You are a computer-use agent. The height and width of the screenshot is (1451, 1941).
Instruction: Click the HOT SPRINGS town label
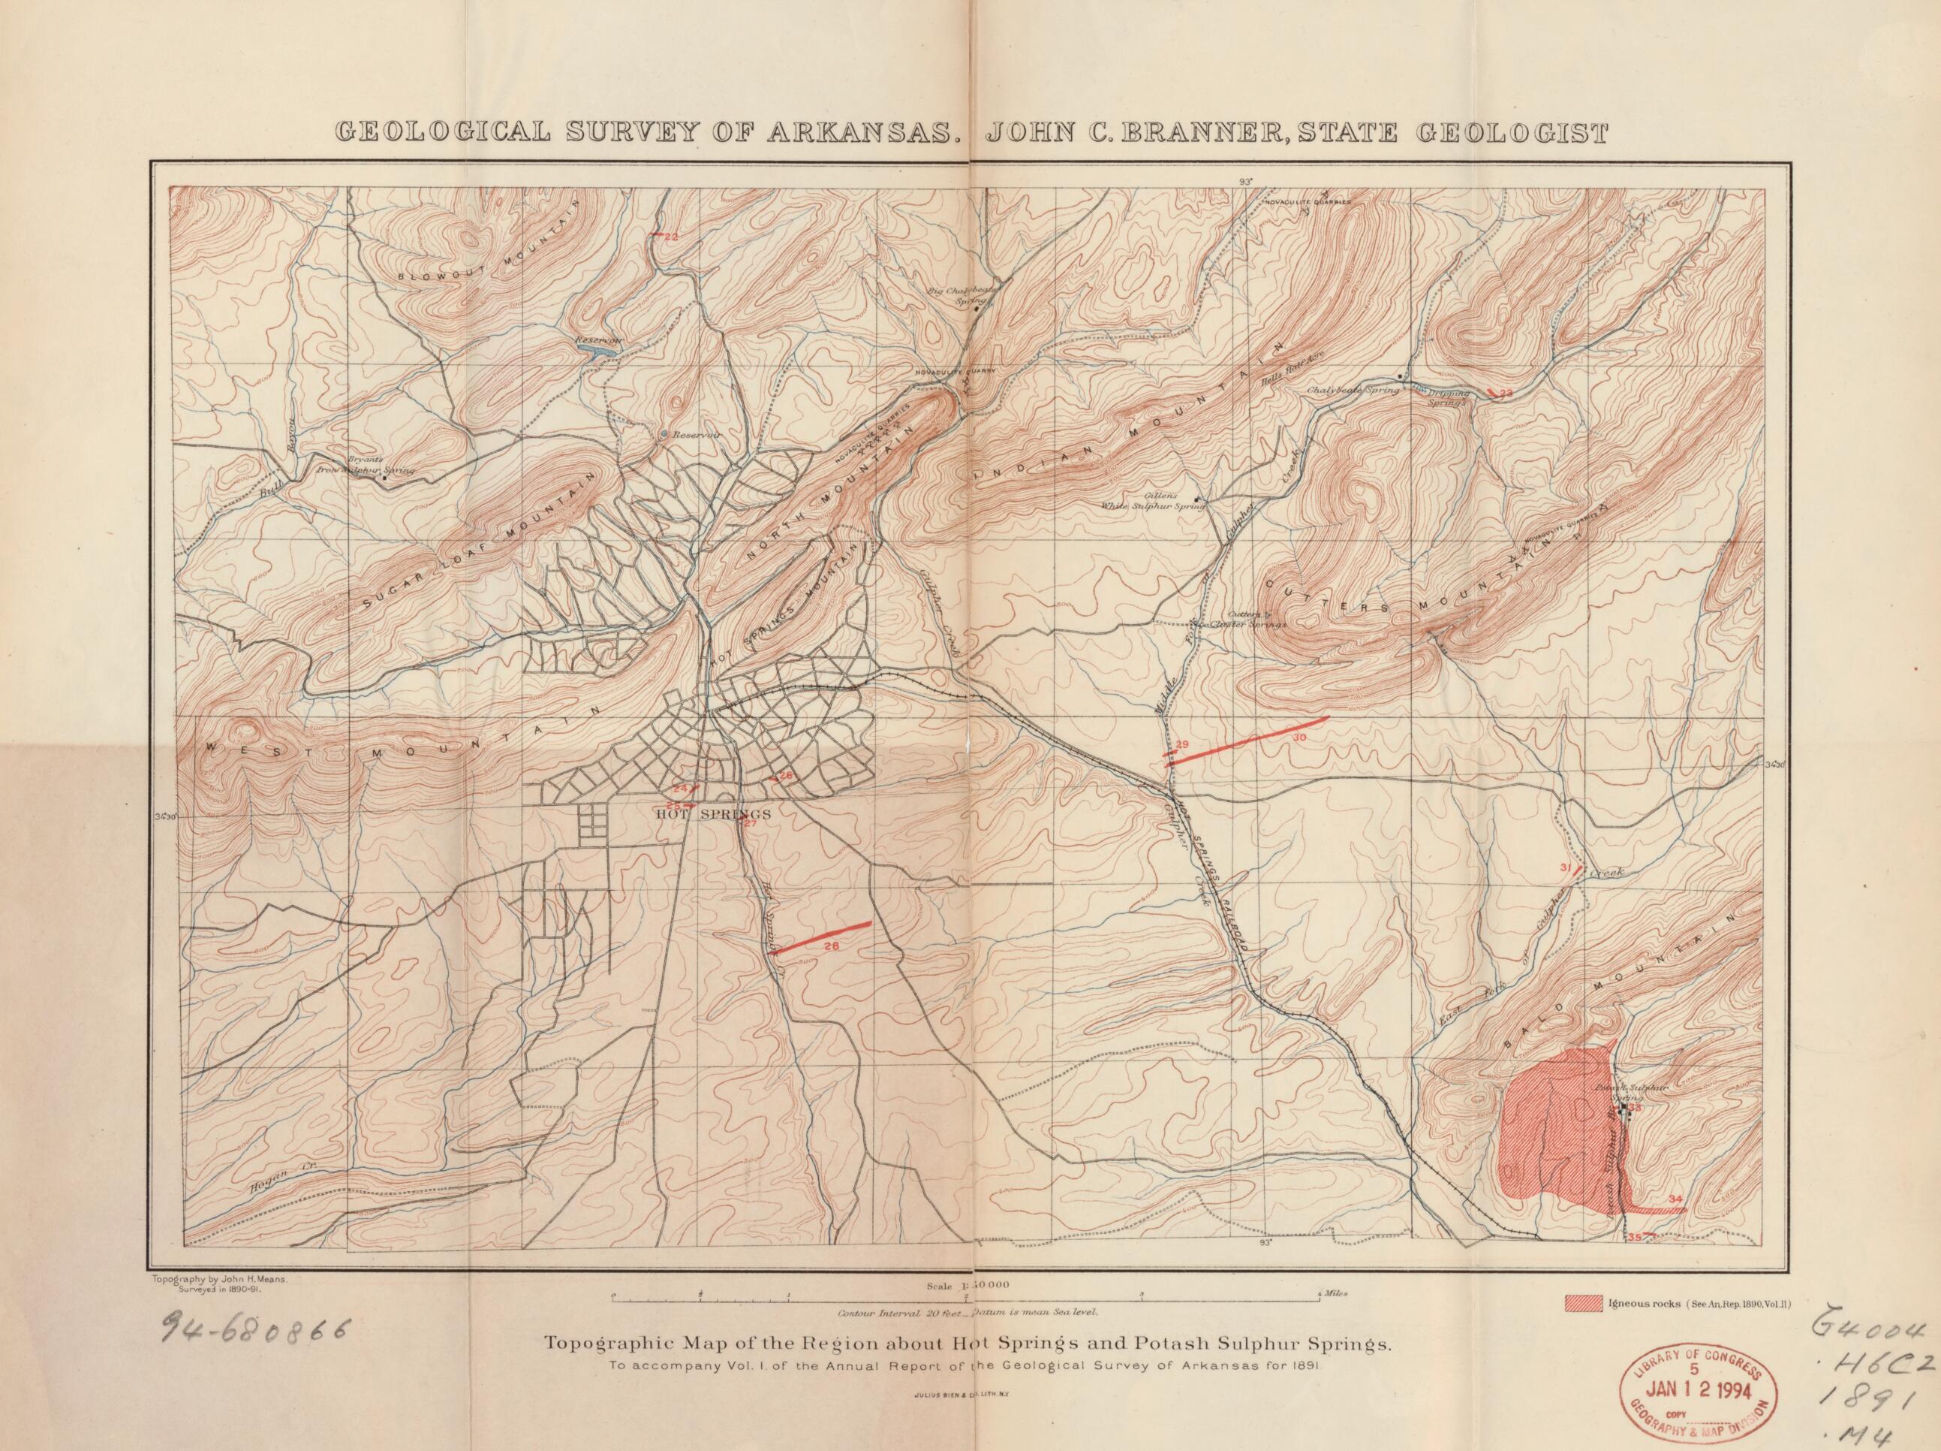click(713, 813)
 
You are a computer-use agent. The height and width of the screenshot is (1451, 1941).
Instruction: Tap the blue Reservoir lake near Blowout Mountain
click(597, 353)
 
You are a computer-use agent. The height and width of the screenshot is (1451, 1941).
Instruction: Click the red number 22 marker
click(671, 237)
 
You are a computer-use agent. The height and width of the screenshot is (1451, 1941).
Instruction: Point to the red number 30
click(1299, 738)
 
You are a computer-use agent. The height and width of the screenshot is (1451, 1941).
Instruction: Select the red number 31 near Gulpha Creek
click(1563, 868)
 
